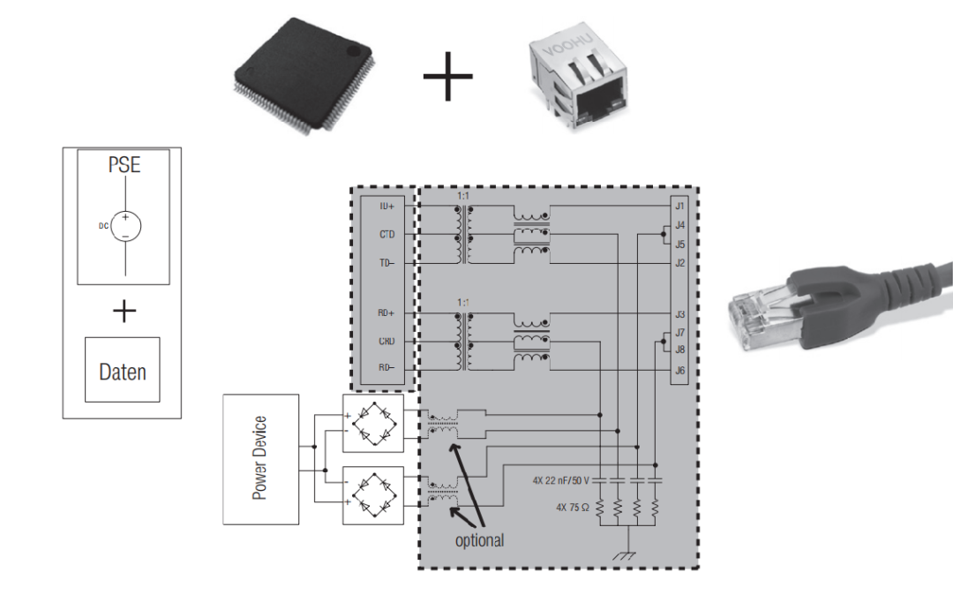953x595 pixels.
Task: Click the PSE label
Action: tap(123, 165)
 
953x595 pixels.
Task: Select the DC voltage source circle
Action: tap(125, 227)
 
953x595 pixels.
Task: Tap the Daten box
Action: tap(123, 372)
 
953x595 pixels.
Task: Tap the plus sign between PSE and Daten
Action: tap(124, 311)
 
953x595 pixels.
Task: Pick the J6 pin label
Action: tap(679, 371)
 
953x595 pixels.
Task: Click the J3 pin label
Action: tap(679, 313)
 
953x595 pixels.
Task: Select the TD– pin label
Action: tap(386, 263)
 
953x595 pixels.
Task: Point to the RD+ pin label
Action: tap(386, 313)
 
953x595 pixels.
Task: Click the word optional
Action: tap(479, 540)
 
